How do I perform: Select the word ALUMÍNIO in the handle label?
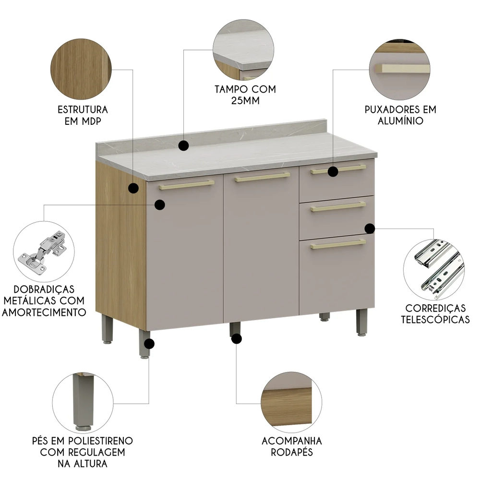click(400, 121)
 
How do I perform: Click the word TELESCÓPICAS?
click(435, 319)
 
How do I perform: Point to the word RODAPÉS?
click(292, 452)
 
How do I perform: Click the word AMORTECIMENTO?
click(44, 312)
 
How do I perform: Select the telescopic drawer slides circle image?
click(433, 269)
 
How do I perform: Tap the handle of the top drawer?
click(338, 169)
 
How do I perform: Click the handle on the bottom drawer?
click(338, 244)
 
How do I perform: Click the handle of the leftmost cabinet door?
click(187, 185)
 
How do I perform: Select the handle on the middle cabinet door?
click(263, 177)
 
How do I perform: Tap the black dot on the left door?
click(160, 205)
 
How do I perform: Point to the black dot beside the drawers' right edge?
click(370, 228)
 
